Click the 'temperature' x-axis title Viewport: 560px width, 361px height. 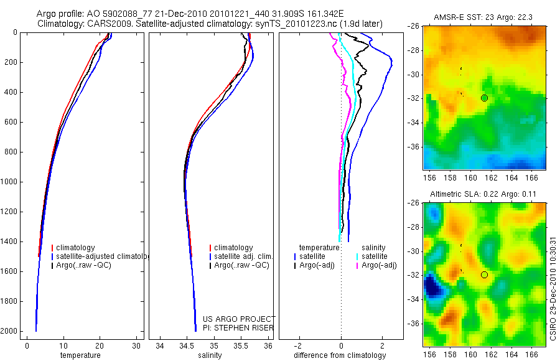click(80, 355)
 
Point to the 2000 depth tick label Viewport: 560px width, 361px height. click(9, 331)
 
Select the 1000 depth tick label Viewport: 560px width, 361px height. click(9, 182)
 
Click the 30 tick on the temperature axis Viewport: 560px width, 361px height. click(136, 345)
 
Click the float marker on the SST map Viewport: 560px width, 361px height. click(484, 98)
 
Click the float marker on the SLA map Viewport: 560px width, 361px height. click(484, 274)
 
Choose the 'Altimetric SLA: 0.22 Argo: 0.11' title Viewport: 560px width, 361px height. click(485, 195)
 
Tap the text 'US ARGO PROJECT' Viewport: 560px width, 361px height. click(238, 319)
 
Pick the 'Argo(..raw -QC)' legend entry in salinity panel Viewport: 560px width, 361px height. click(241, 265)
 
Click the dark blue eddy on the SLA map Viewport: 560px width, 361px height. click(432, 288)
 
